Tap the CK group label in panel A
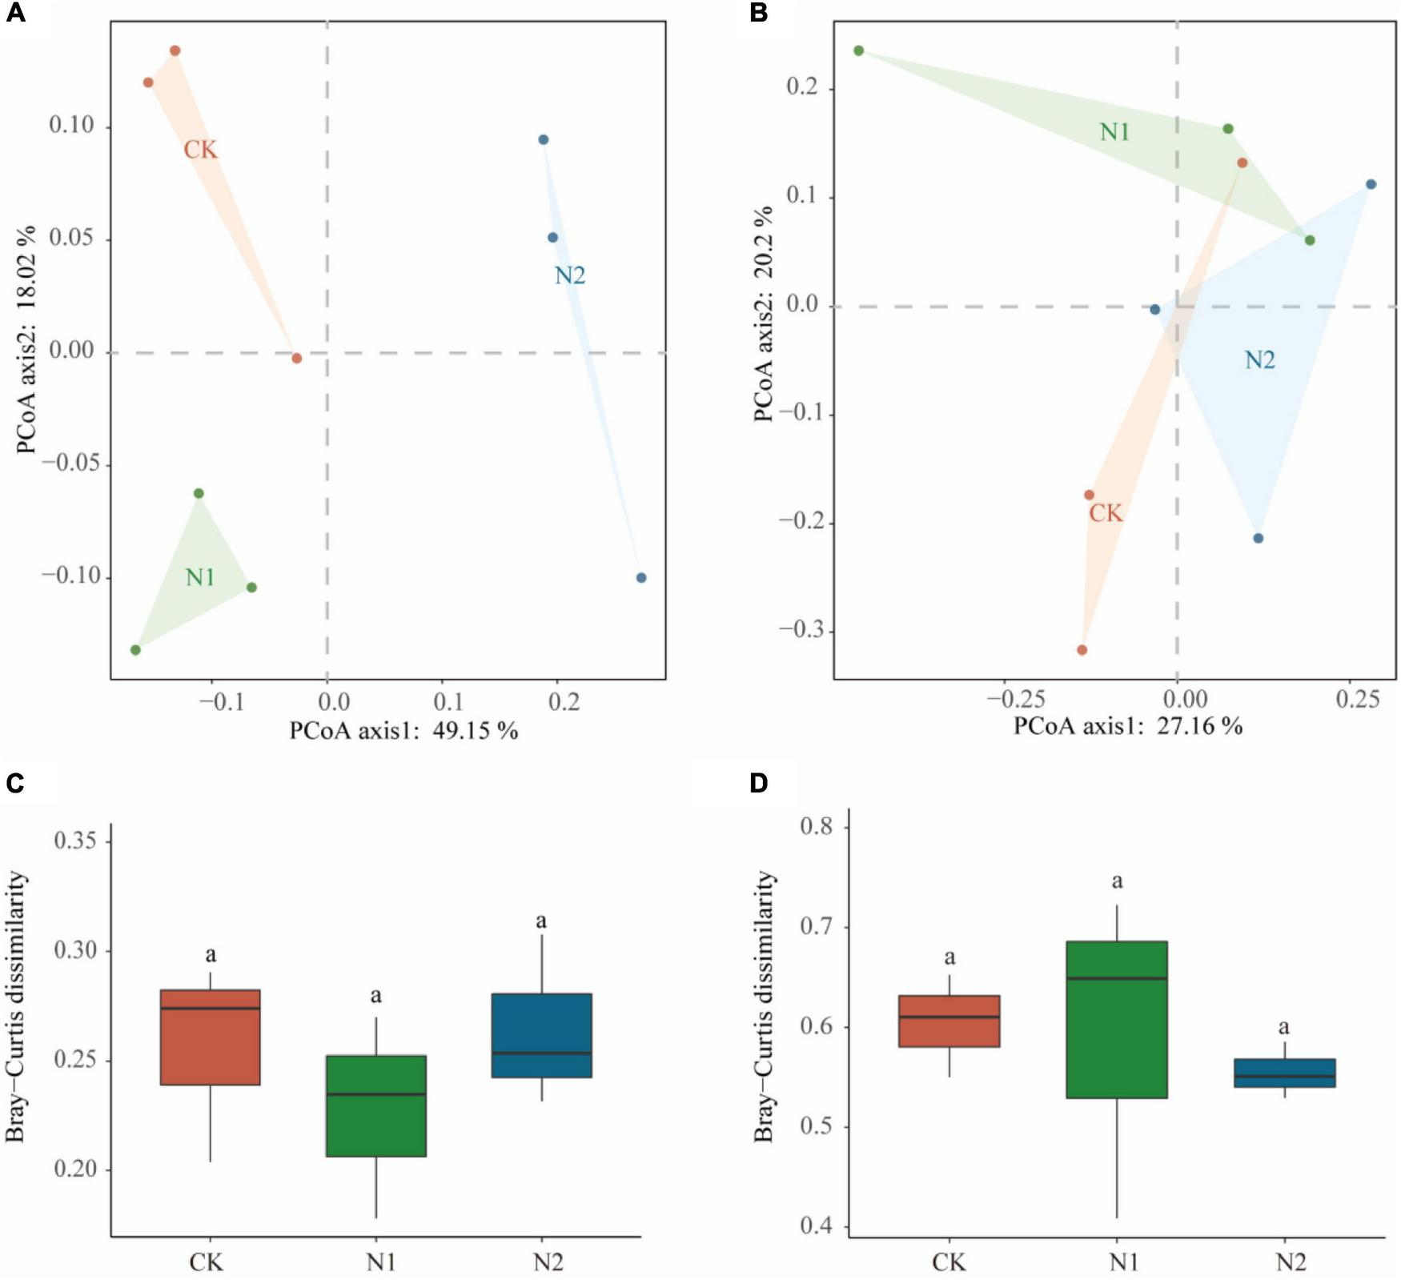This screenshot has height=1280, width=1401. click(200, 150)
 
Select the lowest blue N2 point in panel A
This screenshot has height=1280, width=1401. click(640, 578)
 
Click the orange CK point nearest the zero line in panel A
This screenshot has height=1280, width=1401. click(296, 358)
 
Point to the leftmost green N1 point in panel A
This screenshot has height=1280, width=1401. click(135, 650)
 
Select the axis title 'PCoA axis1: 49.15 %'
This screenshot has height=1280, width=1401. click(403, 731)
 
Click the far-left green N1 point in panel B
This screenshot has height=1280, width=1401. click(858, 50)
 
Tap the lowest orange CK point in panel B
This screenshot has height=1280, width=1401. click(1082, 650)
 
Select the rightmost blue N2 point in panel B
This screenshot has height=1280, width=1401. click(1371, 184)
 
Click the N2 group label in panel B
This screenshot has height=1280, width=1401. click(1259, 361)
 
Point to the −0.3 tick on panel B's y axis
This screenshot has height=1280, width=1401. click(801, 629)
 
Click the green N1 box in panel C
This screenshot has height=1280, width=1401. click(375, 1105)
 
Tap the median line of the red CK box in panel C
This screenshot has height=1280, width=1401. click(210, 1008)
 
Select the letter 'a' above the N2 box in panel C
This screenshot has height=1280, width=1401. click(541, 921)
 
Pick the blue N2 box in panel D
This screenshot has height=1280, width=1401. click(1284, 1073)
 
